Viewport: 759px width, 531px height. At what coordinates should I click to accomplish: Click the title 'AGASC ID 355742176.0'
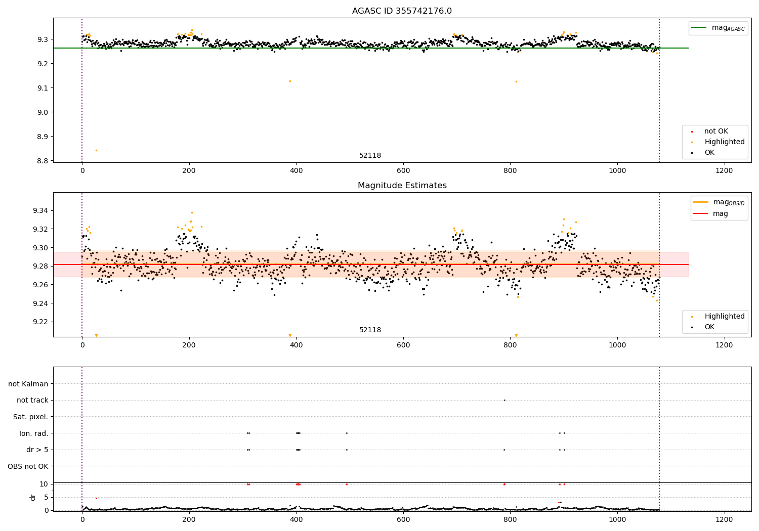tap(402, 11)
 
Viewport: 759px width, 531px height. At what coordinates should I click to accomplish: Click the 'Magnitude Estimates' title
tap(402, 186)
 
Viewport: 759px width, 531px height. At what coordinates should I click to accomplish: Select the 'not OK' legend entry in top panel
tap(716, 131)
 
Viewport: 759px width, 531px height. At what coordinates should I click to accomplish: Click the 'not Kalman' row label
tap(28, 384)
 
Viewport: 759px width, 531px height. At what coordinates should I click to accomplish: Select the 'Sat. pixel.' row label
tap(30, 417)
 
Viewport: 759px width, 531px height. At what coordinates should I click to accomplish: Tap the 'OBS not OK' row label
tap(28, 466)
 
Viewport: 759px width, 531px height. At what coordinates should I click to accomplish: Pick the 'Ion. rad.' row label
tap(34, 433)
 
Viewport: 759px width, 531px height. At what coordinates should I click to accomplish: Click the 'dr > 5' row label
tap(37, 450)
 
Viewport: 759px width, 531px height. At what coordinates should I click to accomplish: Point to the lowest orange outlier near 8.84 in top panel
tap(96, 150)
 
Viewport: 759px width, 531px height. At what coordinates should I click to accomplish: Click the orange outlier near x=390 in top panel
tap(290, 81)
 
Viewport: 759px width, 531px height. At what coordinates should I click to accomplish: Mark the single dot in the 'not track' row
tap(504, 400)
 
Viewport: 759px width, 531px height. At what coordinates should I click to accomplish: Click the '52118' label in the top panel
tap(370, 156)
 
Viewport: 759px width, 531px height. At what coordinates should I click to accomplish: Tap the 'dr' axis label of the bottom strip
tap(33, 497)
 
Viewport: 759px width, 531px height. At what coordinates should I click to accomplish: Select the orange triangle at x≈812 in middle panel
tap(516, 335)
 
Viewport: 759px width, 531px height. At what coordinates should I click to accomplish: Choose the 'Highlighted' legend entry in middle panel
tap(724, 317)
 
